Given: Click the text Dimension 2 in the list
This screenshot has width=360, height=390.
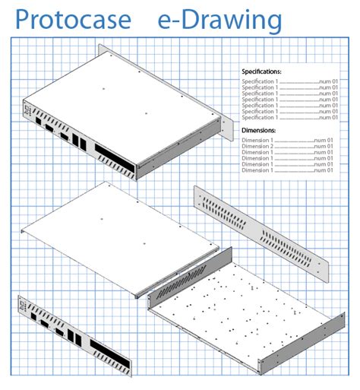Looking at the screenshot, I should (259, 146).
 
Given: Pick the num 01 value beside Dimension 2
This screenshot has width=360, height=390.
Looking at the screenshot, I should (324, 146).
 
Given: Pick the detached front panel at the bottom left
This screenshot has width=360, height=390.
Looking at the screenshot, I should (72, 335).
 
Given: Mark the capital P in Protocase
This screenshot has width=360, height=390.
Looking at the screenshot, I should (24, 20).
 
